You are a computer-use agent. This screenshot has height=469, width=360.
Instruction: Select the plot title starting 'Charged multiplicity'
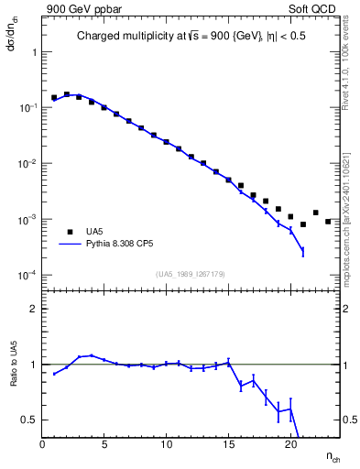(191, 38)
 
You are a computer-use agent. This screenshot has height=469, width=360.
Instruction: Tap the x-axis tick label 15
(228, 444)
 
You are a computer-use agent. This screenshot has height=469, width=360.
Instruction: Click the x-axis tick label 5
(104, 444)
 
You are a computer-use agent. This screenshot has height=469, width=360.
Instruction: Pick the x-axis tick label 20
(290, 444)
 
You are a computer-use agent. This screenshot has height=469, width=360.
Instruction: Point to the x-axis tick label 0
(43, 444)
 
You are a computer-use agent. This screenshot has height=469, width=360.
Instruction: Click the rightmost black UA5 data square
(328, 221)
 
